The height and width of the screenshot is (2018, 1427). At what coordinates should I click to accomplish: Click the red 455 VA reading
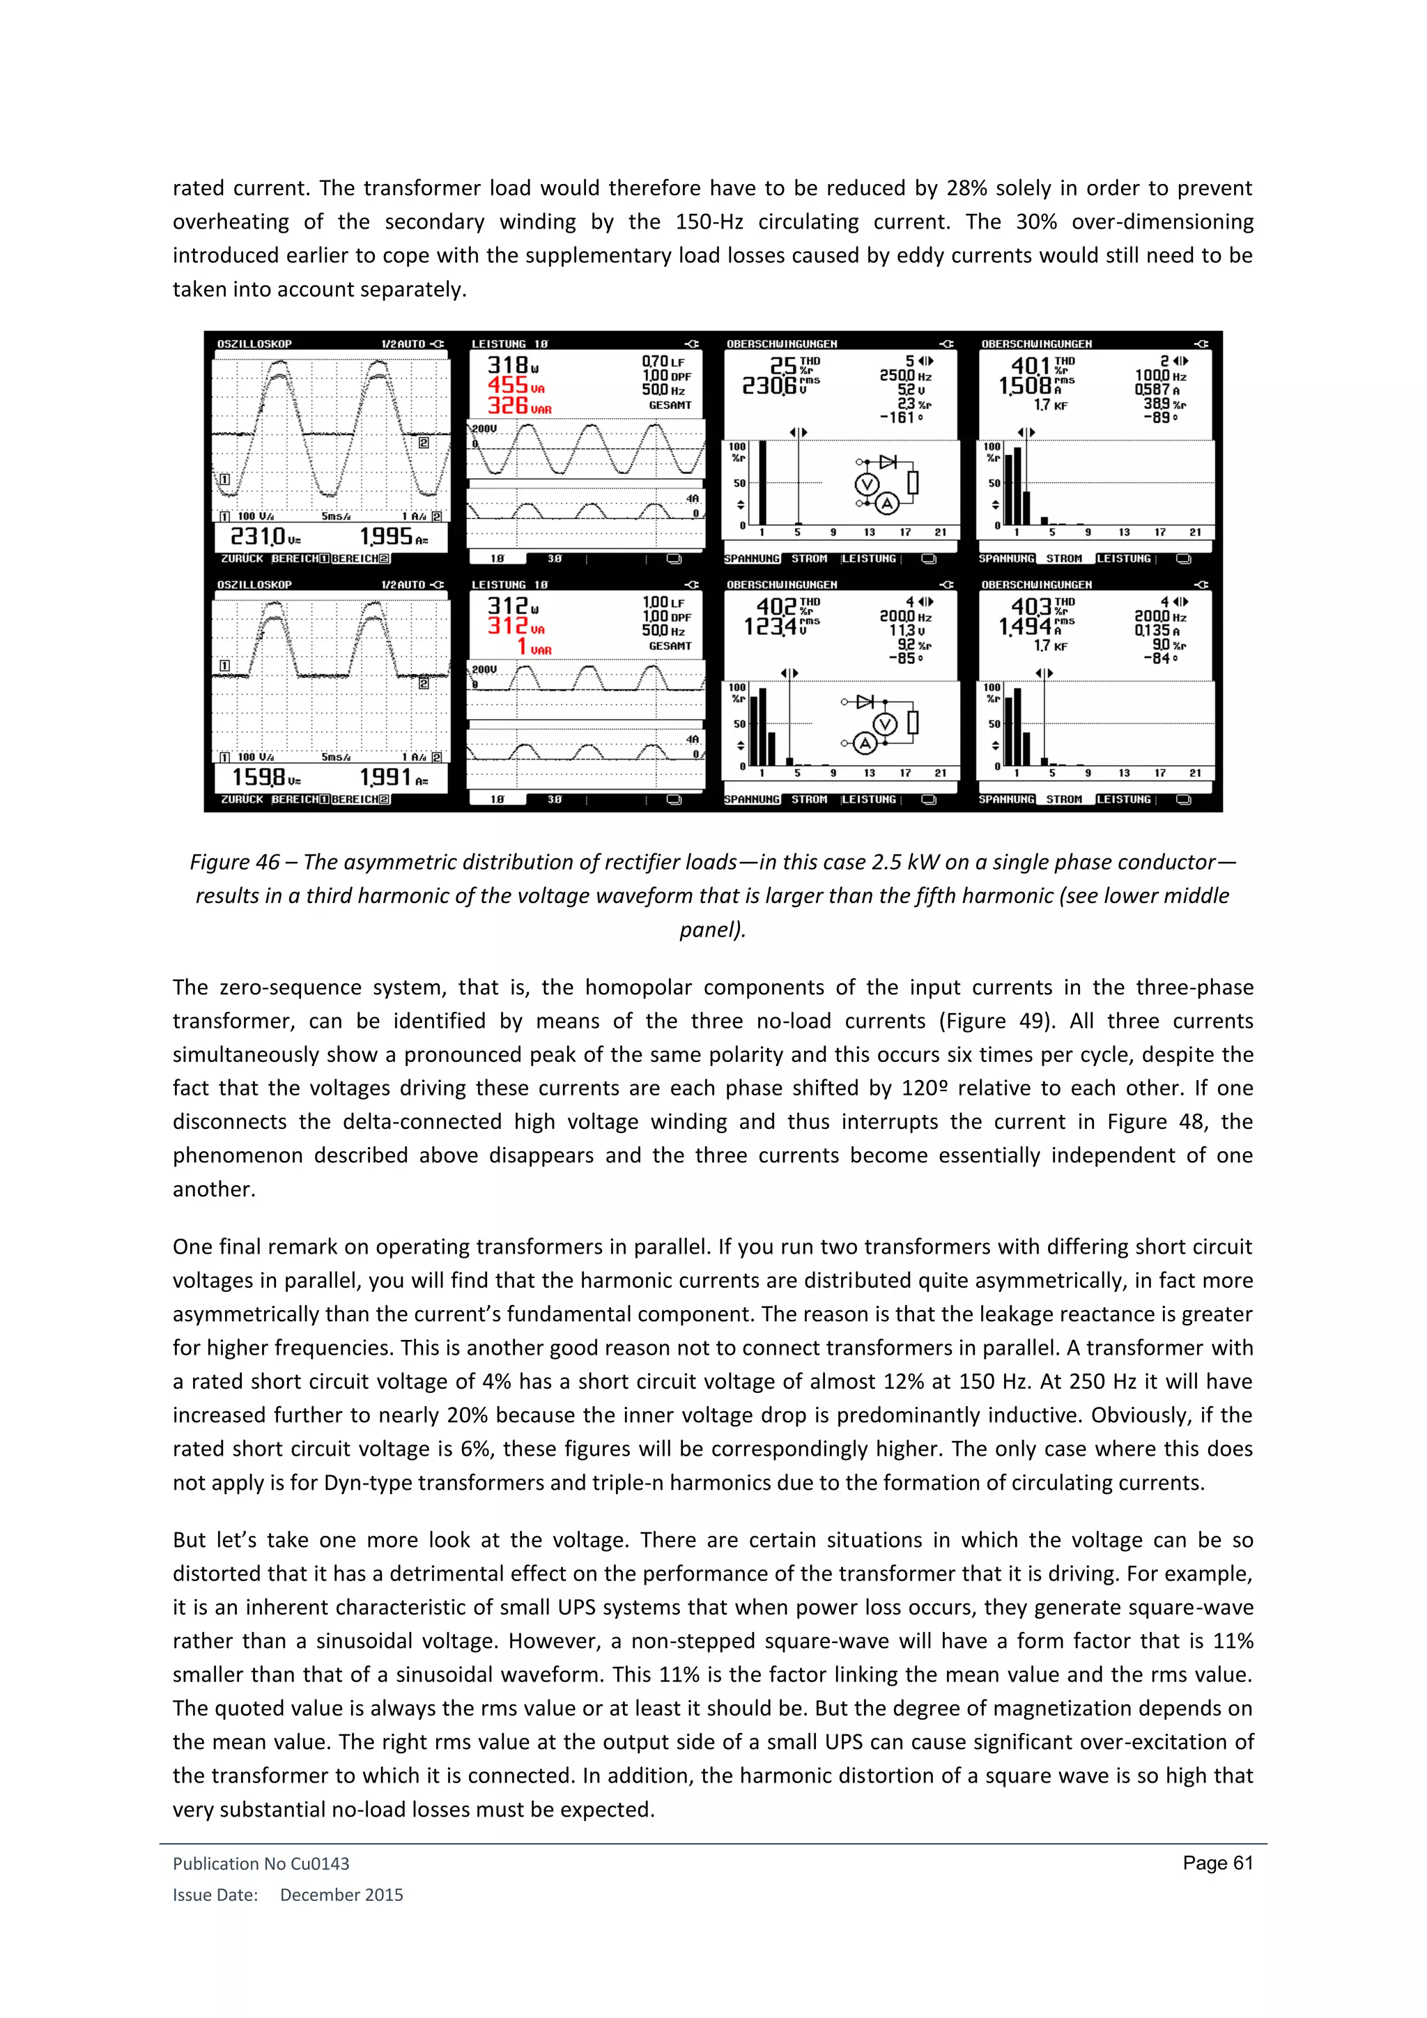coord(515,385)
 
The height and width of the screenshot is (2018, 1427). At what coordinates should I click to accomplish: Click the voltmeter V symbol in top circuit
coord(866,484)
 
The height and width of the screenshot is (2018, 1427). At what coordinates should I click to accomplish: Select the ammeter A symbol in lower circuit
coord(865,744)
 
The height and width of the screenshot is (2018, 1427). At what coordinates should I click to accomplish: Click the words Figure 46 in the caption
coord(235,862)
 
